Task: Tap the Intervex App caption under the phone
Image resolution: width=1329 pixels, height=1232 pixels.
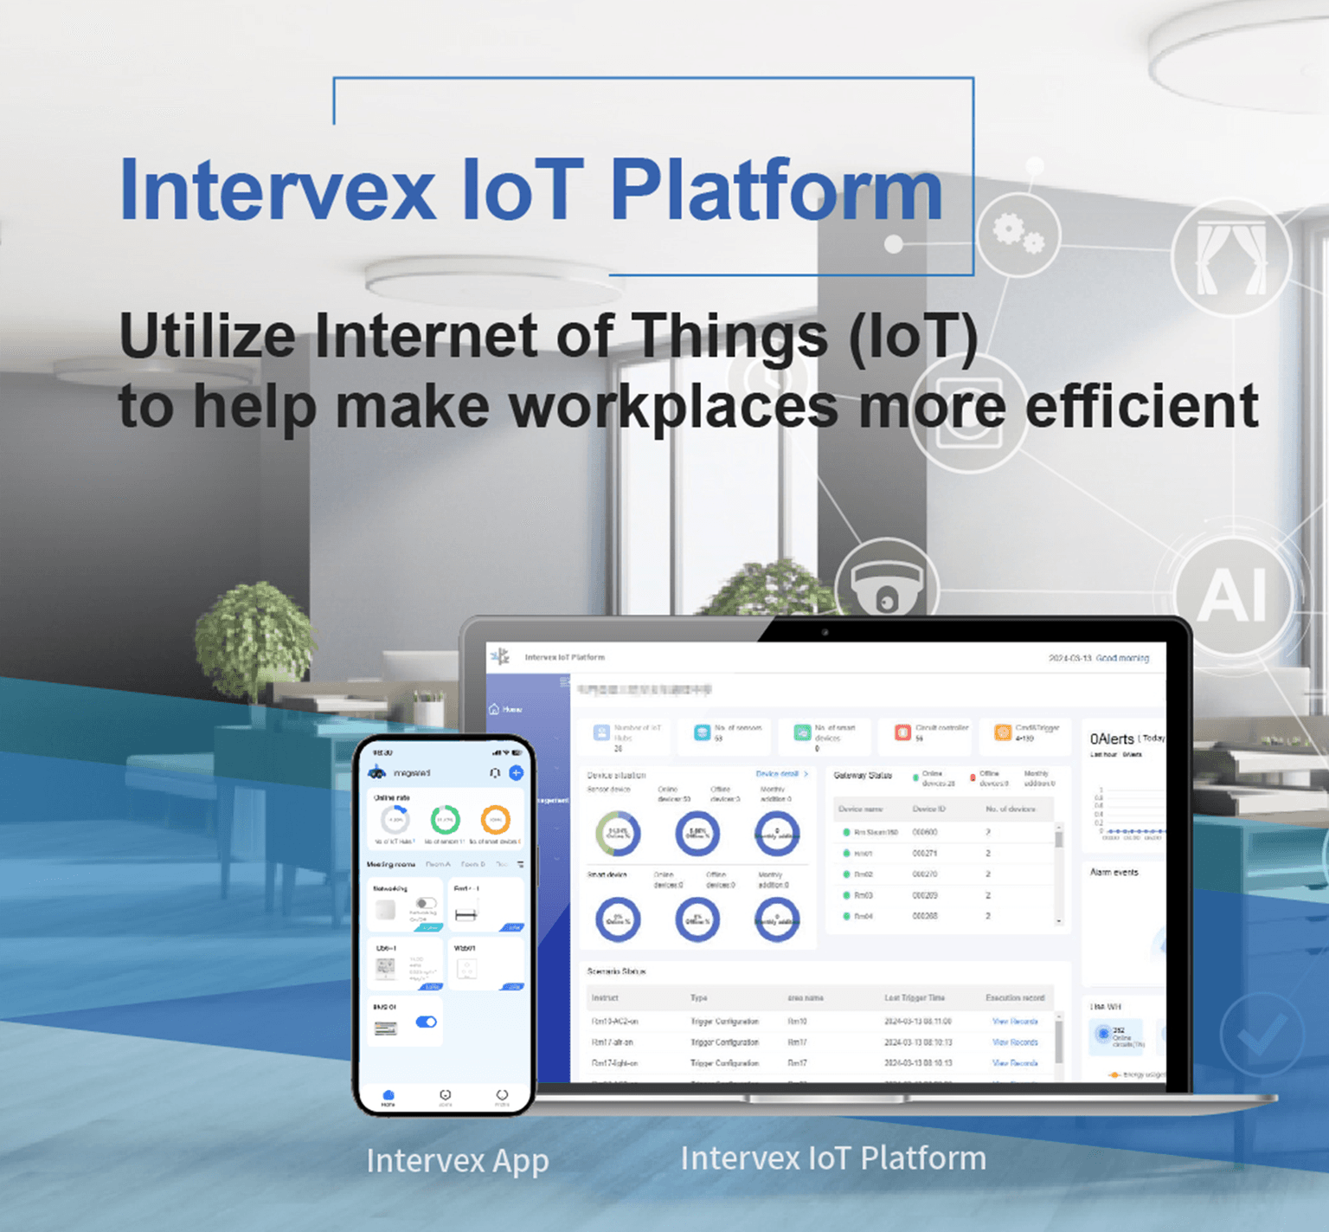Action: tap(457, 1160)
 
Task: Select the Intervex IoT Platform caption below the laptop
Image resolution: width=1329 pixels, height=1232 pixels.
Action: tap(833, 1158)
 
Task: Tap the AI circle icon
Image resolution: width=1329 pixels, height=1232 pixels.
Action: tap(1233, 596)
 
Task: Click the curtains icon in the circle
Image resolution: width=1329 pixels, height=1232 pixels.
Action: tap(1230, 257)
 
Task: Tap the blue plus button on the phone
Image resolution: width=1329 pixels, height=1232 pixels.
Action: tap(516, 772)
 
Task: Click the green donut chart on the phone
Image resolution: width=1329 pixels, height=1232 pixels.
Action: tap(446, 819)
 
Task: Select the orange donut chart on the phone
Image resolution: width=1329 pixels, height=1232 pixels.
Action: tap(495, 819)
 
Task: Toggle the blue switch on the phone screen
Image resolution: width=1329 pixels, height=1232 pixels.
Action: tap(426, 1022)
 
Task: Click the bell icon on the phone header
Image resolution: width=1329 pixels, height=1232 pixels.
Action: tap(494, 772)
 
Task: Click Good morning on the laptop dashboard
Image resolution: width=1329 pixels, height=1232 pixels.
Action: tap(1122, 658)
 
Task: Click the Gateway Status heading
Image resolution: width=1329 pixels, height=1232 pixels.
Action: tap(863, 775)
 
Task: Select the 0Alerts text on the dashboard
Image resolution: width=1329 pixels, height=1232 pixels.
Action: tap(1111, 739)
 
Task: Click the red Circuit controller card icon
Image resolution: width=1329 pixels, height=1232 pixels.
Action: tap(902, 732)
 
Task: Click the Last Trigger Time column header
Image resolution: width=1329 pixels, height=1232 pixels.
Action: tap(914, 997)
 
